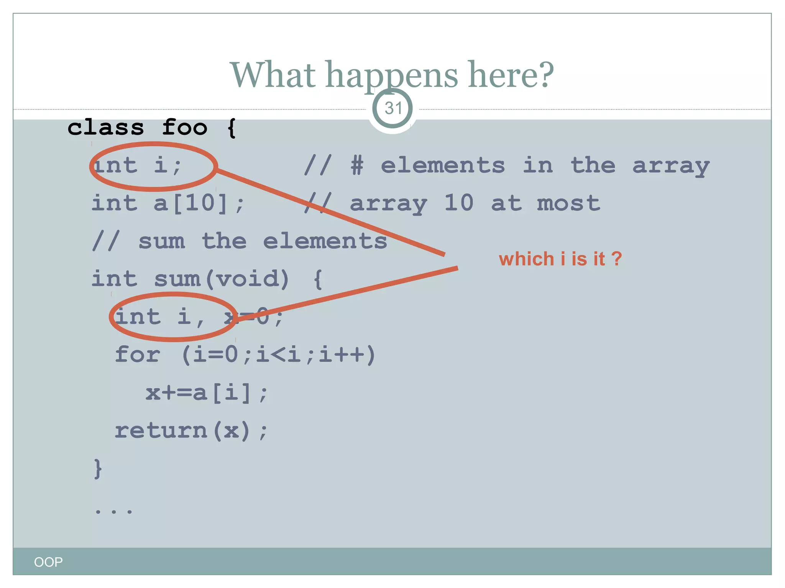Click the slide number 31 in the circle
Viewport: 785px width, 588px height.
tap(393, 108)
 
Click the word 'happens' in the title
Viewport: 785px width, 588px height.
tap(391, 75)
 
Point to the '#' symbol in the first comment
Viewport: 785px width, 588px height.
tap(357, 166)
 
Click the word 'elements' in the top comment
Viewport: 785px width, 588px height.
tap(443, 166)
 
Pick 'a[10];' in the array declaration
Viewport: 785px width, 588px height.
tap(199, 203)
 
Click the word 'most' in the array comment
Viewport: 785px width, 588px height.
tap(568, 203)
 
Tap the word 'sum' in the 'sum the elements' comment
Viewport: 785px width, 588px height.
tap(161, 241)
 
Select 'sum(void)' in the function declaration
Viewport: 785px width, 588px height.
tap(222, 279)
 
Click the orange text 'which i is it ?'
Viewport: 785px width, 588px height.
tap(560, 259)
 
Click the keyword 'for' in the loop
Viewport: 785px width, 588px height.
tap(138, 354)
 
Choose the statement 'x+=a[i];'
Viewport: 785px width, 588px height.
tap(207, 393)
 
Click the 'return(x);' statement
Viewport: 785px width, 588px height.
tap(191, 431)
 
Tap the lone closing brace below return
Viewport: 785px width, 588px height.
tap(98, 469)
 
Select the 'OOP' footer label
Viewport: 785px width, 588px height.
tap(48, 562)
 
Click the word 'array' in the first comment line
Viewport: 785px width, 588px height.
tap(671, 166)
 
